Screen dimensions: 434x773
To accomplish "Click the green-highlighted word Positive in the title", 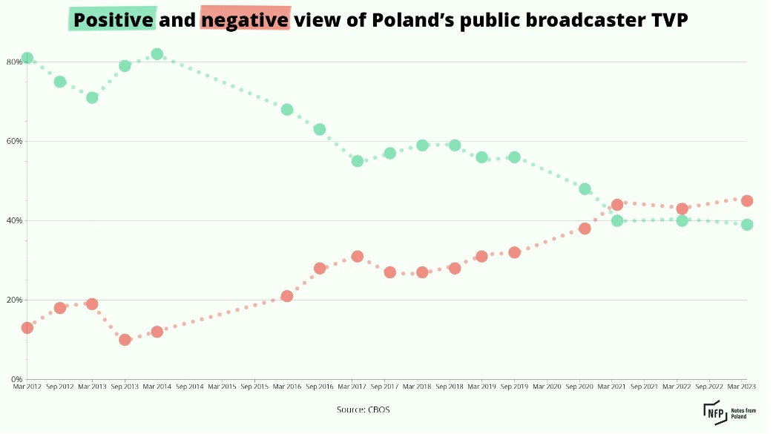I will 113,20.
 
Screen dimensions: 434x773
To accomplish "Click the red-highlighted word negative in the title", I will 245,20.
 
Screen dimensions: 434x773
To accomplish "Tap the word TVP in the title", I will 668,20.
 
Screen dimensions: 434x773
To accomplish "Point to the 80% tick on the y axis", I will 14,62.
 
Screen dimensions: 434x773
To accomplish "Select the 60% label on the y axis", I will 14,141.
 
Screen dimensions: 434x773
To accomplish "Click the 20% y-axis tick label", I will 14,300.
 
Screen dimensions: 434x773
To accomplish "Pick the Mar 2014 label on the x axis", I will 157,387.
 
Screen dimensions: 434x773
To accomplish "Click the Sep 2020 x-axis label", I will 585,387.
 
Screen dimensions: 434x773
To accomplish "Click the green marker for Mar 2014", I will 157,54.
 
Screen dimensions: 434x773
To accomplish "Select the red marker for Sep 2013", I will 125,340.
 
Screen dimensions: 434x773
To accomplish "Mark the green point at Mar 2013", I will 92,97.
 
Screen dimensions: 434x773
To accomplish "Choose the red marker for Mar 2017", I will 357,257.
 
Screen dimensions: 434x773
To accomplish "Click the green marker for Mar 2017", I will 357,161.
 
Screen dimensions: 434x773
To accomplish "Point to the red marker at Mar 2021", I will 616,205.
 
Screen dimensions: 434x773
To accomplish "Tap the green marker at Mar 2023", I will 747,225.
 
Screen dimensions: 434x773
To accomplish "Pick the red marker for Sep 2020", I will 585,228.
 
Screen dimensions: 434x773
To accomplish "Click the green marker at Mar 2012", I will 27,58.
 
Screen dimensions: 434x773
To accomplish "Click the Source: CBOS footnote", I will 363,410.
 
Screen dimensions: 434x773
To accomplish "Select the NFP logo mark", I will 714,412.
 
